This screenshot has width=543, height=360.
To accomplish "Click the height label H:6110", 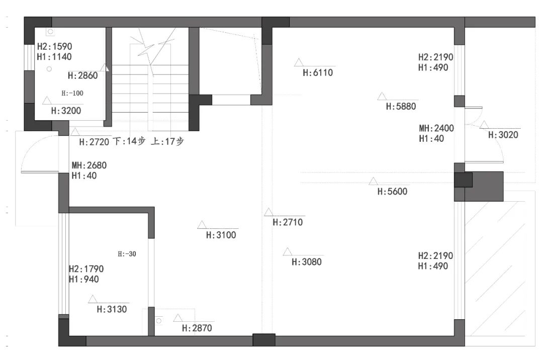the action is pyautogui.click(x=318, y=73).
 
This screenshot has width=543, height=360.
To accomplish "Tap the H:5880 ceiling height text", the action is pyautogui.click(x=401, y=106).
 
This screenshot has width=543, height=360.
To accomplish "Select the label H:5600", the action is pyautogui.click(x=392, y=192).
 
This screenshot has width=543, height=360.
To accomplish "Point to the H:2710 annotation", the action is pyautogui.click(x=288, y=222).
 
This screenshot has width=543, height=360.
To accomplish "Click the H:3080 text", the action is pyautogui.click(x=307, y=262).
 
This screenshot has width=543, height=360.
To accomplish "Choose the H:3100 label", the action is pyautogui.click(x=221, y=235).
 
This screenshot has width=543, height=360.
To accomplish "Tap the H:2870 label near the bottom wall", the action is pyautogui.click(x=197, y=328).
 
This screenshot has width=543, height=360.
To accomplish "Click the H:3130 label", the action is pyautogui.click(x=112, y=309).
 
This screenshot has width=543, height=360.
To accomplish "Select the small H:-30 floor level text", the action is pyautogui.click(x=127, y=254).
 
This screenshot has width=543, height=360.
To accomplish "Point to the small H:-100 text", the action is pyautogui.click(x=72, y=93).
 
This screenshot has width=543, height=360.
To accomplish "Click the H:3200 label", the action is pyautogui.click(x=66, y=111).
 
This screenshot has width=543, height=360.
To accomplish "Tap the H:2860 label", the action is pyautogui.click(x=82, y=75).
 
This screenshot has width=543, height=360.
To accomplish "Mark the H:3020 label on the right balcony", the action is pyautogui.click(x=503, y=135).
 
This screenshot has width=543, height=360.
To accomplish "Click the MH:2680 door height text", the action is pyautogui.click(x=89, y=165).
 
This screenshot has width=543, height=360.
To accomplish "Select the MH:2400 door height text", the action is pyautogui.click(x=436, y=128).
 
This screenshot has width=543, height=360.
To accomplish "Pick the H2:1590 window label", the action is pyautogui.click(x=54, y=46).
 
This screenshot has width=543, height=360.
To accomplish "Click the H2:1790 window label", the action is pyautogui.click(x=86, y=269).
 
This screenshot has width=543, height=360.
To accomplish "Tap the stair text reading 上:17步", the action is pyautogui.click(x=167, y=141).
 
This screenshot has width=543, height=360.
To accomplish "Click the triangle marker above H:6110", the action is pyautogui.click(x=299, y=62).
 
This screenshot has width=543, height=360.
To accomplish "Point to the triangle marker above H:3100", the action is pyautogui.click(x=202, y=225).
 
